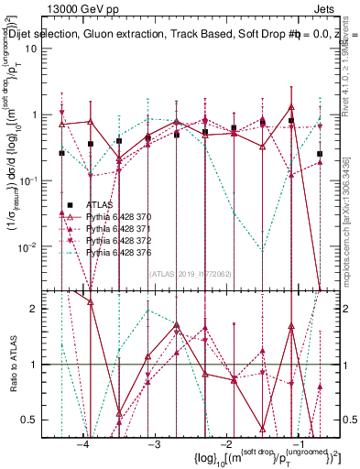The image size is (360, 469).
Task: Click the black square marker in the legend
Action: click(70, 203)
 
